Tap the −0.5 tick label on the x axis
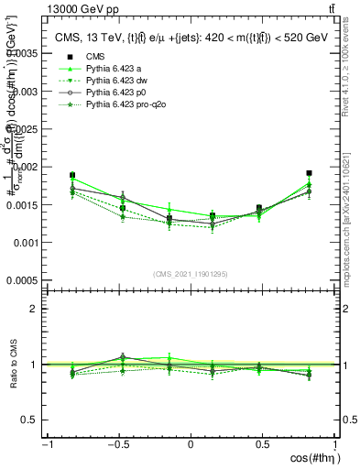pos(118,445)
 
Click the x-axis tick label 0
pos(191,445)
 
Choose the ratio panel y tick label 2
pos(35,309)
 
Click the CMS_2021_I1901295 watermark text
pos(190,274)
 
